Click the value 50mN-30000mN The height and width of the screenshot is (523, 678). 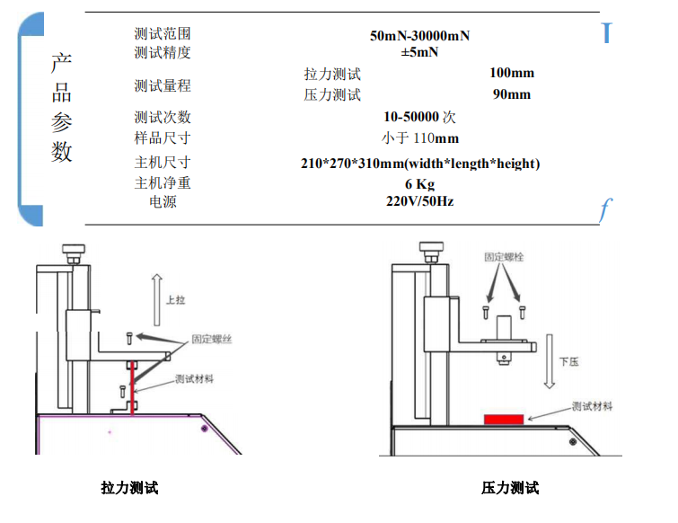(x=419, y=36)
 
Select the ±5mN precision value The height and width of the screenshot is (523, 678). (x=419, y=51)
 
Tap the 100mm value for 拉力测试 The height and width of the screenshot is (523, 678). (x=512, y=73)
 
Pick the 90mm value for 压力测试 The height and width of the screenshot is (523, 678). (x=512, y=94)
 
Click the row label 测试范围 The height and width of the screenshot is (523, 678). (x=163, y=34)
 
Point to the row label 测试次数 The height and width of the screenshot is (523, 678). (x=163, y=118)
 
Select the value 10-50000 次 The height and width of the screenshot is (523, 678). (x=419, y=117)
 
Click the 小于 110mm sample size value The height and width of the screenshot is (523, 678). (x=419, y=137)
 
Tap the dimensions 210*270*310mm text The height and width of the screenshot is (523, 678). (x=419, y=164)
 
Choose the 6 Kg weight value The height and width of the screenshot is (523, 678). (x=419, y=184)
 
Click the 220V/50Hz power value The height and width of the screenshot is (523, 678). (x=419, y=201)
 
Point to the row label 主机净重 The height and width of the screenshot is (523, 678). (x=163, y=183)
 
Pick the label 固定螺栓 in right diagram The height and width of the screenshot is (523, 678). (x=503, y=257)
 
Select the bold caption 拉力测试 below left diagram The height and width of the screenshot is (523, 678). (x=129, y=488)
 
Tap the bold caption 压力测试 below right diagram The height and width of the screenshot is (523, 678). (x=510, y=488)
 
